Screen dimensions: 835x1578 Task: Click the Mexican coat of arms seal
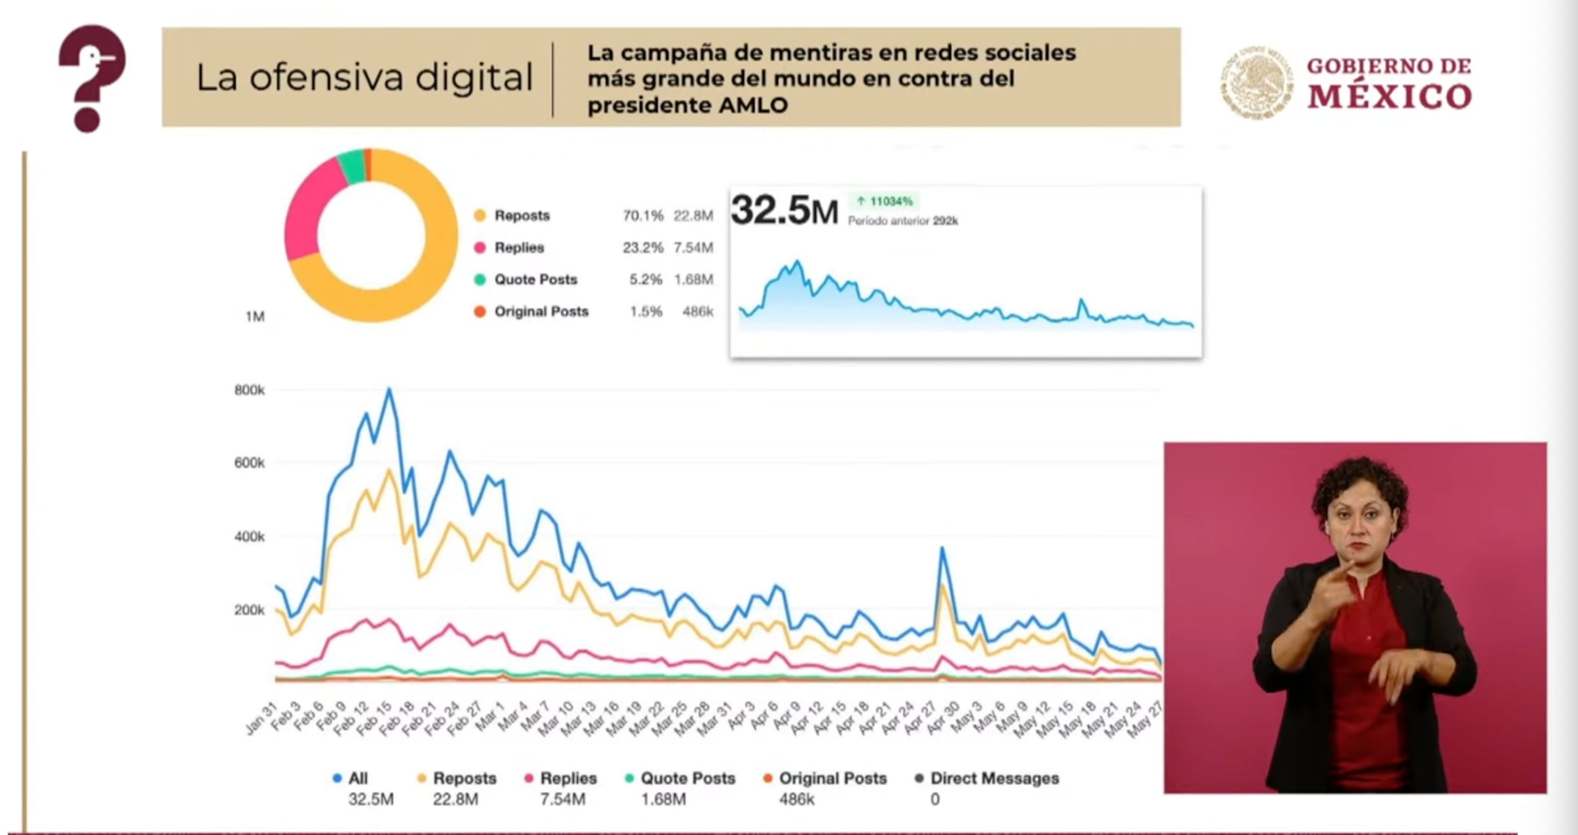(x=1255, y=83)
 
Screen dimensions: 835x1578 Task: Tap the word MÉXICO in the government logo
(x=1389, y=97)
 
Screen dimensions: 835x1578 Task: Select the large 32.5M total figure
(x=784, y=211)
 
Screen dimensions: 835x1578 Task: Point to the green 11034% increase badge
(x=884, y=201)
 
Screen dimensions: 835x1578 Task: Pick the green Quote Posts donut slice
(x=353, y=166)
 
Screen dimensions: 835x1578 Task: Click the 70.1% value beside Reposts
(x=642, y=216)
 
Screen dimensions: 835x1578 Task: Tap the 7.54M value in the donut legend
(x=693, y=248)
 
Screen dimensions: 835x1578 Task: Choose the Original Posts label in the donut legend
(x=541, y=311)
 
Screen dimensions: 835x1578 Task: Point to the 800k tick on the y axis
(x=249, y=391)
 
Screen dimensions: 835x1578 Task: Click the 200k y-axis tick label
(x=249, y=610)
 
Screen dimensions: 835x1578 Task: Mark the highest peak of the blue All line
(x=389, y=389)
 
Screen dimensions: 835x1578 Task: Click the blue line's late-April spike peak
(x=942, y=549)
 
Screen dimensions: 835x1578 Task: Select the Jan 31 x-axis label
(x=261, y=720)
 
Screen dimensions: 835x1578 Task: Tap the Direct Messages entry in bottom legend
(x=993, y=779)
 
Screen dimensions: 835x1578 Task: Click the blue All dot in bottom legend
(x=337, y=779)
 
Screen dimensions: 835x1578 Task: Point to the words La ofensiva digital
(x=364, y=77)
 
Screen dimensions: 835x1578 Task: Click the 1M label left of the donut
(x=255, y=317)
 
